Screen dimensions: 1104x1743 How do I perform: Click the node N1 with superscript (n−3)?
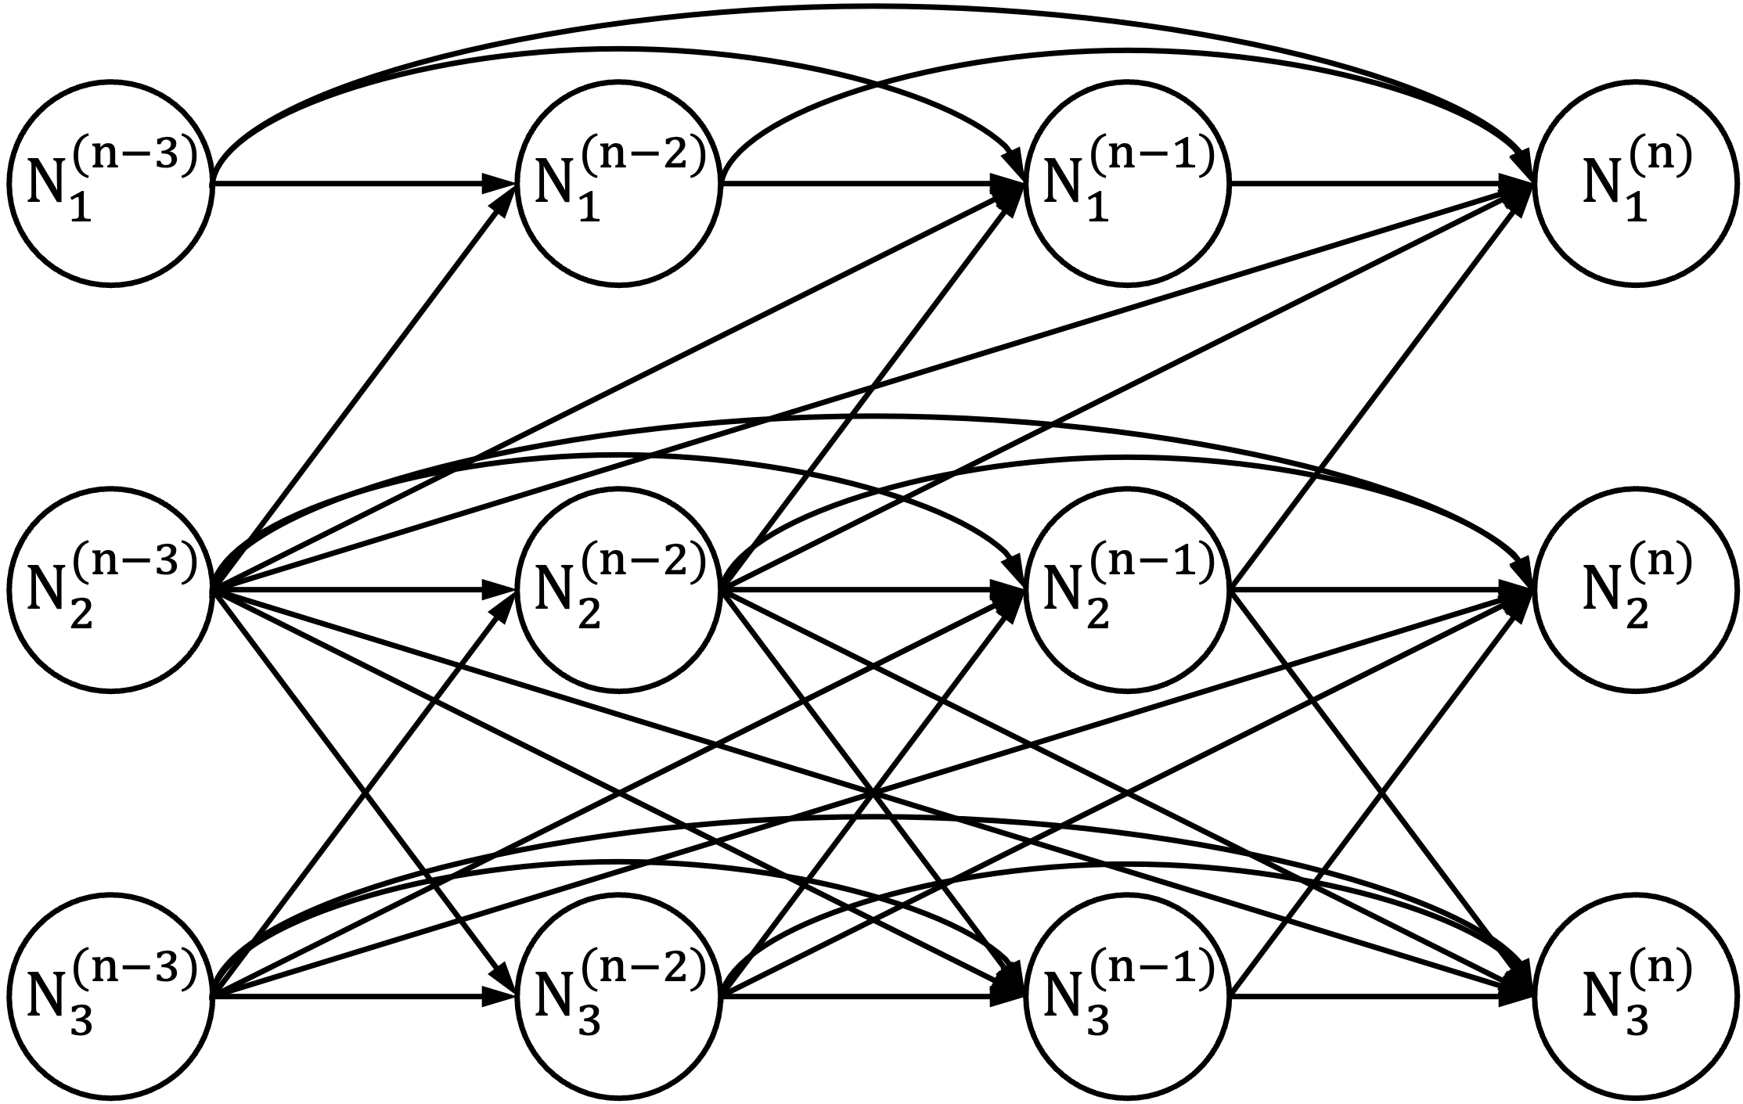[x=110, y=183]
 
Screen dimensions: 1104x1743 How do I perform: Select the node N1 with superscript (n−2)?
[x=618, y=183]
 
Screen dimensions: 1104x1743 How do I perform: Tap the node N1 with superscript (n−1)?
[x=1127, y=183]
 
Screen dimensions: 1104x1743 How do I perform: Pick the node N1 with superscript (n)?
[x=1635, y=183]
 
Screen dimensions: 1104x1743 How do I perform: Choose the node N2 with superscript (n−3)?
[x=110, y=590]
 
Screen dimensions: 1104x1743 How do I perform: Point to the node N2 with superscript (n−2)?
[x=618, y=590]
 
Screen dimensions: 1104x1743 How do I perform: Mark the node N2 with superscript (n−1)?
[x=1127, y=590]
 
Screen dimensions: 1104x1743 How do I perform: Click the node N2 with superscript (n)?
[x=1635, y=590]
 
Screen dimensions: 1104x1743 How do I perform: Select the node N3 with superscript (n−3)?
[x=110, y=996]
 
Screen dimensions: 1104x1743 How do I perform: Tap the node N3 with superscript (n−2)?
[x=618, y=996]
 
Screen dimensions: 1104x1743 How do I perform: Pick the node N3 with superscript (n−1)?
[x=1127, y=996]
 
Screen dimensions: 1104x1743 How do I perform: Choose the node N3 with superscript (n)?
[x=1635, y=996]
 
